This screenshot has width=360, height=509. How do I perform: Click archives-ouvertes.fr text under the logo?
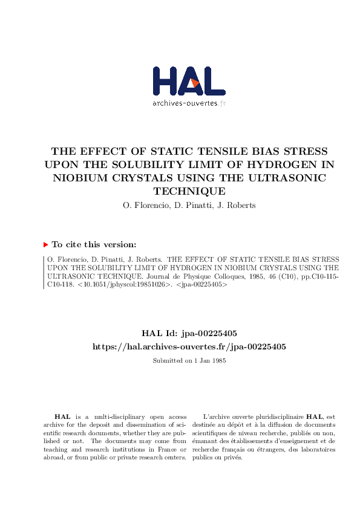(189, 103)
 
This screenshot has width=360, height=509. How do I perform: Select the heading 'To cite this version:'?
(94, 245)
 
